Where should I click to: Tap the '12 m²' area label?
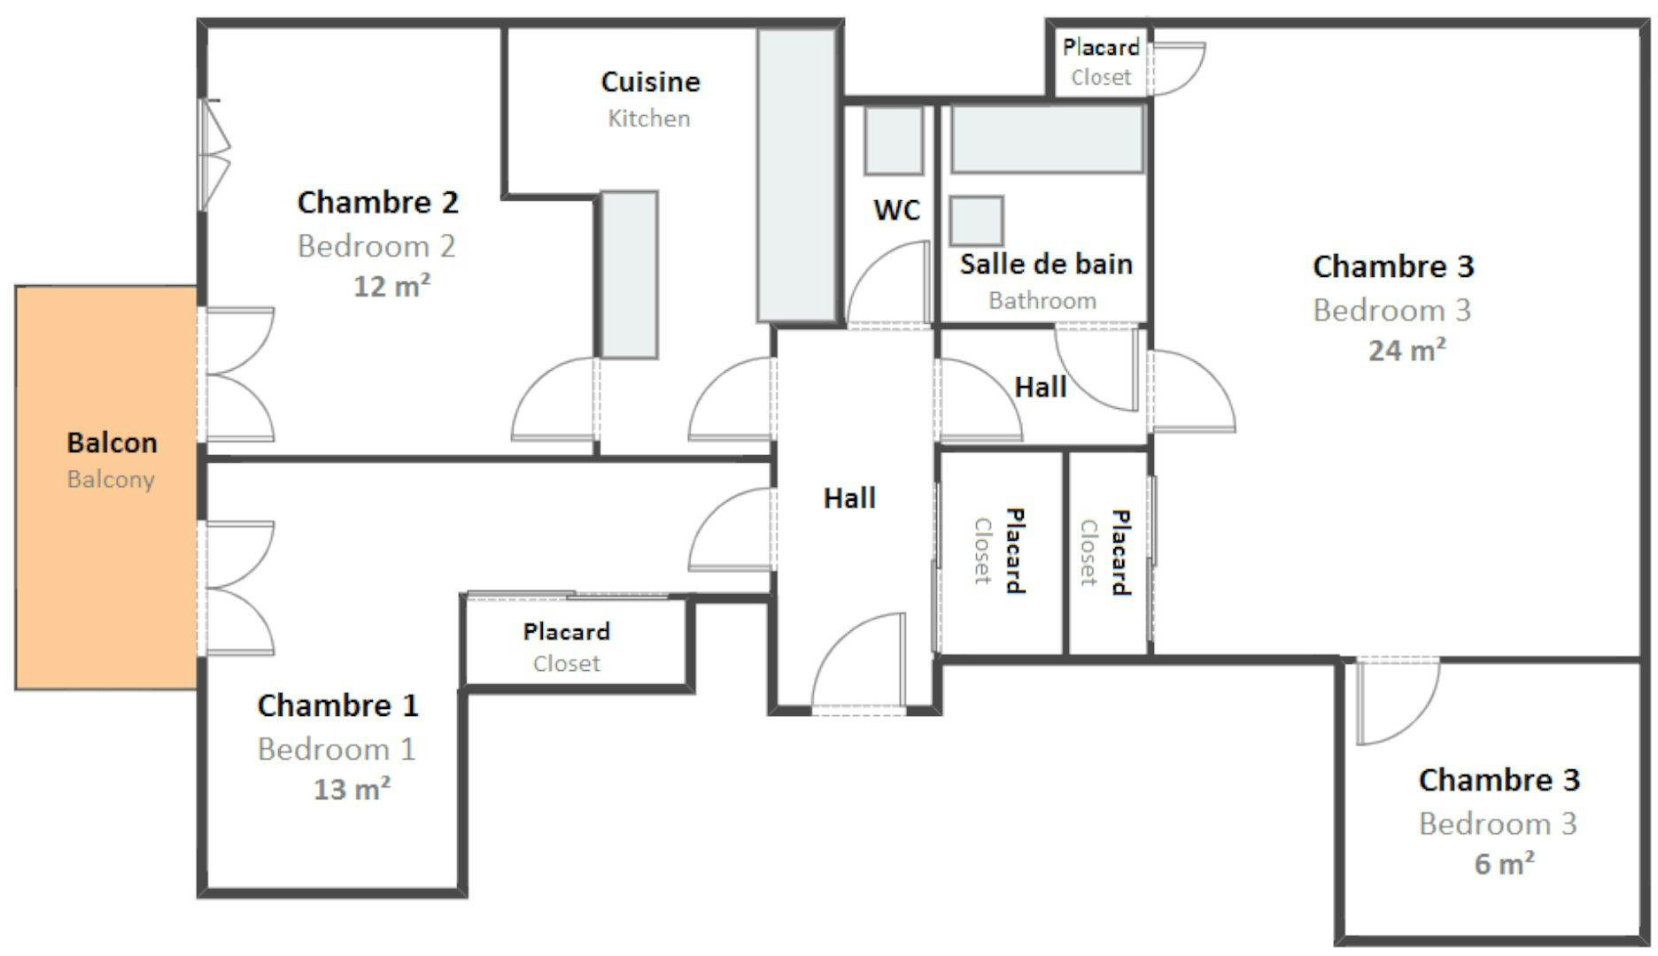coord(391,287)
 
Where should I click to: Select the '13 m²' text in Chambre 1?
coord(352,789)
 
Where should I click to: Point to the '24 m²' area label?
coord(1406,351)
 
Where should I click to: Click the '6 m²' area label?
coord(1504,863)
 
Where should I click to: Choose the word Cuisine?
coord(650,82)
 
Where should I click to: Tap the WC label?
coord(896,211)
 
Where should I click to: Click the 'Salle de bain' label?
coord(1046,264)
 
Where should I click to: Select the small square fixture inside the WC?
coord(893,140)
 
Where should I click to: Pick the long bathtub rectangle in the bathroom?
coord(1047,138)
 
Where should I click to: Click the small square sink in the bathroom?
coord(976,220)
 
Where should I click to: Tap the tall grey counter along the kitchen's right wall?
coord(796,174)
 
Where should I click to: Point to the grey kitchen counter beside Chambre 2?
coord(630,274)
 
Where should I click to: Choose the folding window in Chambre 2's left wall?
coord(213,155)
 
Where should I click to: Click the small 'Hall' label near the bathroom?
coord(1040,387)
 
